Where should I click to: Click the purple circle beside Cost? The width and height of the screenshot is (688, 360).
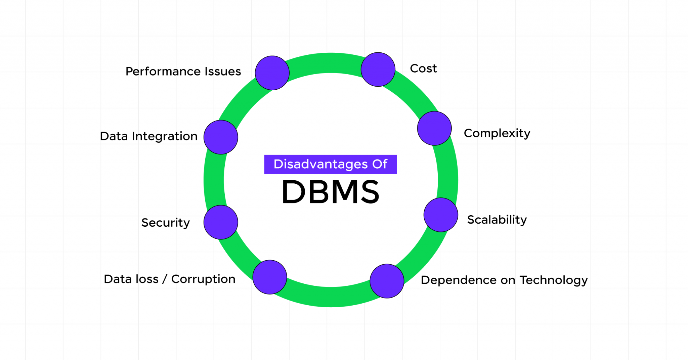pos(378,70)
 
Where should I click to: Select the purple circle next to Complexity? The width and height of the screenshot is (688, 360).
pos(434,128)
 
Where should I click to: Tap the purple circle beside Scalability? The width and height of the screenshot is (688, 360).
pos(441,215)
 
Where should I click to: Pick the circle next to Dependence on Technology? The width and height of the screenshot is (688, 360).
pos(387,281)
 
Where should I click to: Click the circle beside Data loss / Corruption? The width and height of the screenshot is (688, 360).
pos(270,277)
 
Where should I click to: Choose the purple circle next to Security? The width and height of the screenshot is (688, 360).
pos(221,222)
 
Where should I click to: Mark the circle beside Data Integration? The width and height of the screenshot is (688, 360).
pos(221,137)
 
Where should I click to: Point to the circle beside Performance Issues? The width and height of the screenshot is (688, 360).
pos(272,73)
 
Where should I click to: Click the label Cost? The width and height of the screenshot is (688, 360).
pos(423,69)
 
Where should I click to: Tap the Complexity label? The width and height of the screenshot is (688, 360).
pos(497,133)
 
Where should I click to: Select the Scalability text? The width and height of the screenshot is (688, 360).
pos(497,220)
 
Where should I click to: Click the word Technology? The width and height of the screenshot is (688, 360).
pos(554,280)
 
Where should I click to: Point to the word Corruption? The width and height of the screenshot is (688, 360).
pos(203,279)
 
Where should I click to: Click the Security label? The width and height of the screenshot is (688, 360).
pos(166,223)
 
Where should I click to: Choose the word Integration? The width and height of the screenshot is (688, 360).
pos(165,136)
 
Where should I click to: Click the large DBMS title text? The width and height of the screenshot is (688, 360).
pos(331,192)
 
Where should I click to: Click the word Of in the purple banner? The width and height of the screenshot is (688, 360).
pos(380,164)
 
